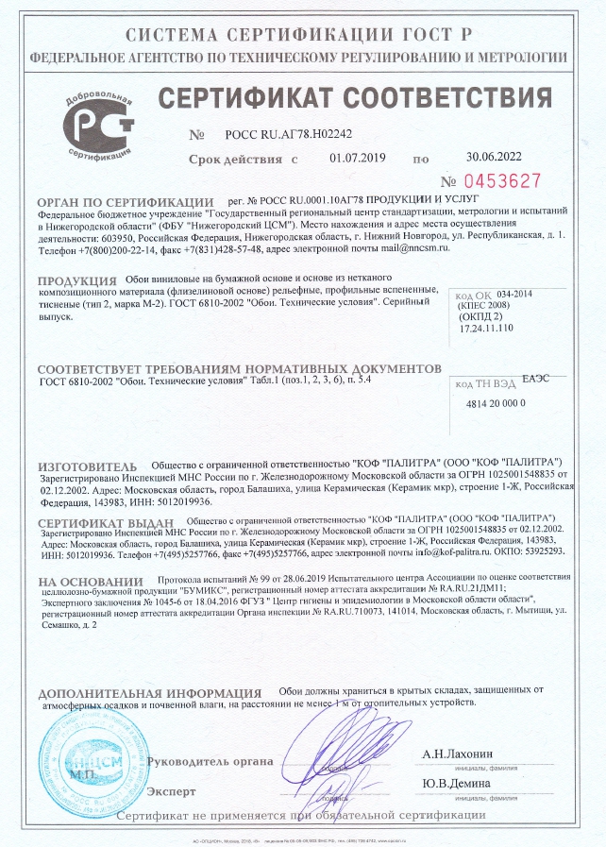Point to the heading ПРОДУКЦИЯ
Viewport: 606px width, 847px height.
[x=77, y=281]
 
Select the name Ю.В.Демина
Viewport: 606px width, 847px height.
[x=456, y=784]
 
